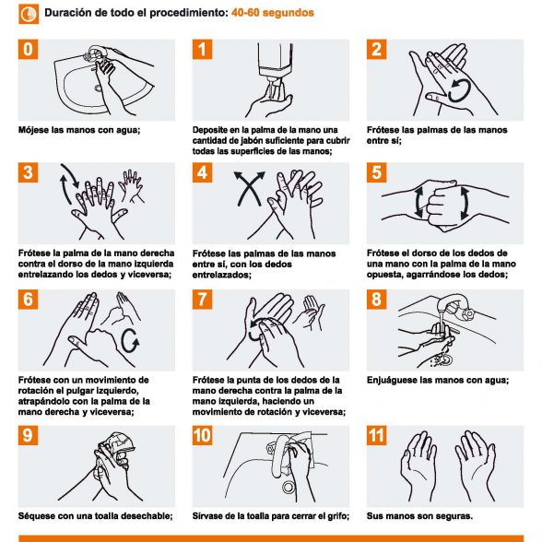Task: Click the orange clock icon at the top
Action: click(29, 14)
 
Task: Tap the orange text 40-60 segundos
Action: click(273, 13)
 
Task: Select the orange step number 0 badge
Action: click(28, 49)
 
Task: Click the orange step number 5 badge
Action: click(376, 172)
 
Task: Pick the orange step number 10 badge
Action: click(202, 435)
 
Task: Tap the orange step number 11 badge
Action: click(376, 435)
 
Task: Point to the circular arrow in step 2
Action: click(459, 91)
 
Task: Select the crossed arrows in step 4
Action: click(249, 188)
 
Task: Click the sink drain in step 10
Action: click(288, 488)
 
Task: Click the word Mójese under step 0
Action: click(33, 130)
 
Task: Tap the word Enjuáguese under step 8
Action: click(392, 380)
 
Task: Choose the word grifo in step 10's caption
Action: click(339, 516)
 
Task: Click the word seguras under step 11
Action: click(454, 516)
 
